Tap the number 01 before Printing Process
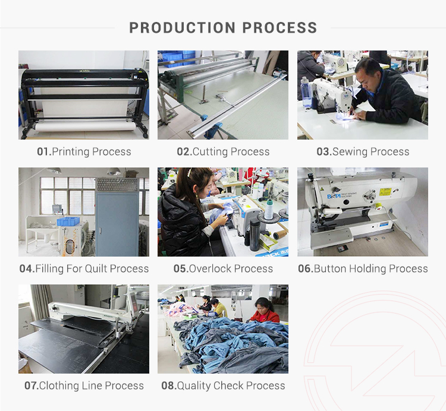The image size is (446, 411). point(43,151)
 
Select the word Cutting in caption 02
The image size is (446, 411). point(211,151)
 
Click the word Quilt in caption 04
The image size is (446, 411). point(99,268)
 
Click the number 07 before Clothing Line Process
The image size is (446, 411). point(31,385)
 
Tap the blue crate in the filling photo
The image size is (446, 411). point(68,221)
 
